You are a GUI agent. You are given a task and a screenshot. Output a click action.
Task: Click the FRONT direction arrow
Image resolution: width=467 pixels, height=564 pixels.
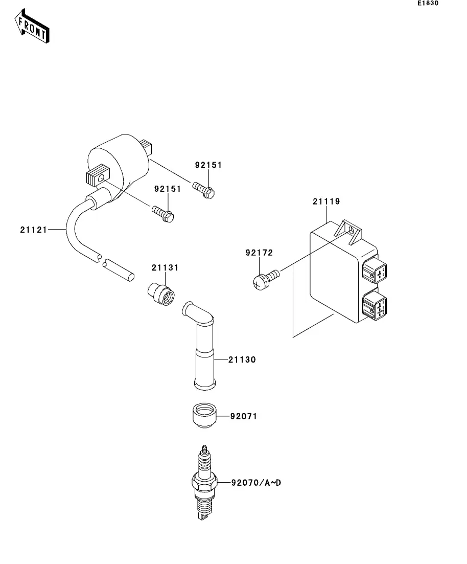pyautogui.click(x=32, y=26)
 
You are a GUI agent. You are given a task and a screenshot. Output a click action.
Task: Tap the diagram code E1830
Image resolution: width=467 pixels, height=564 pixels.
pyautogui.click(x=428, y=3)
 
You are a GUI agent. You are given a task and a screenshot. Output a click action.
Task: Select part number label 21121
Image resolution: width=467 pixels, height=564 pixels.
pyautogui.click(x=33, y=230)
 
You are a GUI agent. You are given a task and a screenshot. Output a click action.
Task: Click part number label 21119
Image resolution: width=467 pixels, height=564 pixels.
pyautogui.click(x=326, y=201)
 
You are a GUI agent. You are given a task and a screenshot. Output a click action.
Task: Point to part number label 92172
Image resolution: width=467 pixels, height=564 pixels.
pyautogui.click(x=259, y=253)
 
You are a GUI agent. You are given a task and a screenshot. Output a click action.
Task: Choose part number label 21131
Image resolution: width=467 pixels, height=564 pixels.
pyautogui.click(x=165, y=267)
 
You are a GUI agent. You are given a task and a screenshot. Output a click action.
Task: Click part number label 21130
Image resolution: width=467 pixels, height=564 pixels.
pyautogui.click(x=242, y=359)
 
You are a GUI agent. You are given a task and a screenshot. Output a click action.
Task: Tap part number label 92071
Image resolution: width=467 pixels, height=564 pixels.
pyautogui.click(x=244, y=416)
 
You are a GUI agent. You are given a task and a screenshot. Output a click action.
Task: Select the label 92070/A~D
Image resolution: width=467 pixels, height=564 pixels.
pyautogui.click(x=256, y=483)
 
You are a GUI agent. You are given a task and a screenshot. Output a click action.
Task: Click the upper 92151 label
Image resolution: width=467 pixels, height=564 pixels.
pyautogui.click(x=208, y=165)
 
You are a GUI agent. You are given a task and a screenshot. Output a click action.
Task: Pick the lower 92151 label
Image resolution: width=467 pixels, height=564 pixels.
pyautogui.click(x=168, y=189)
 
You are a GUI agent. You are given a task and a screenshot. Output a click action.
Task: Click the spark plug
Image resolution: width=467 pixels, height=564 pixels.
pyautogui.click(x=204, y=482)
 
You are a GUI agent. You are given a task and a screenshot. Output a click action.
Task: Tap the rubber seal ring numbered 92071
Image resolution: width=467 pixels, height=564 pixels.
pyautogui.click(x=204, y=415)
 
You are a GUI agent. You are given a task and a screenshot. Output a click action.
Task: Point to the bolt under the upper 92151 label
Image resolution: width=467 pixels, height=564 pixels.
pyautogui.click(x=203, y=190)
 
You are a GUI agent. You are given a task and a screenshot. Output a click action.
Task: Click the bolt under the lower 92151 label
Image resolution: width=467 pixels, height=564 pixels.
pyautogui.click(x=163, y=214)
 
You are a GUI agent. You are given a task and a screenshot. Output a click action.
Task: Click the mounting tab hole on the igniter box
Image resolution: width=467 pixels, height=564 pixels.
pyautogui.click(x=351, y=230)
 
